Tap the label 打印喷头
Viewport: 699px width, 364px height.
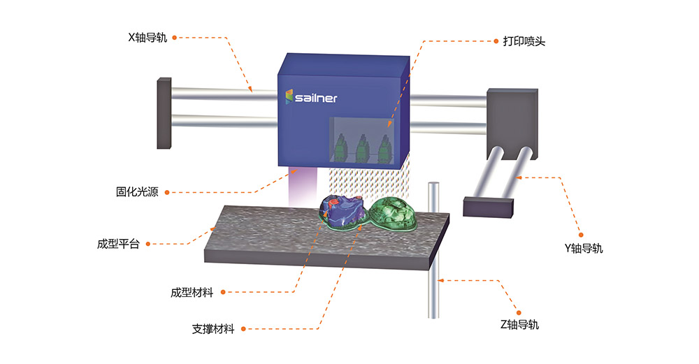click(524, 41)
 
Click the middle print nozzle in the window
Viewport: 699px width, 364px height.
click(362, 148)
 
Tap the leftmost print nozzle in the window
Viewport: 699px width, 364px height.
click(340, 148)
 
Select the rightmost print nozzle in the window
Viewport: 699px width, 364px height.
click(384, 148)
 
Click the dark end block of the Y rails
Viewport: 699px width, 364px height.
click(489, 206)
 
